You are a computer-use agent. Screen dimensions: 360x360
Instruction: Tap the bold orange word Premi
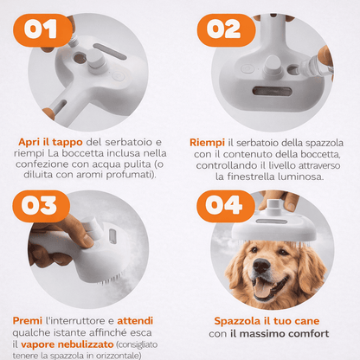coord(29,319)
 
